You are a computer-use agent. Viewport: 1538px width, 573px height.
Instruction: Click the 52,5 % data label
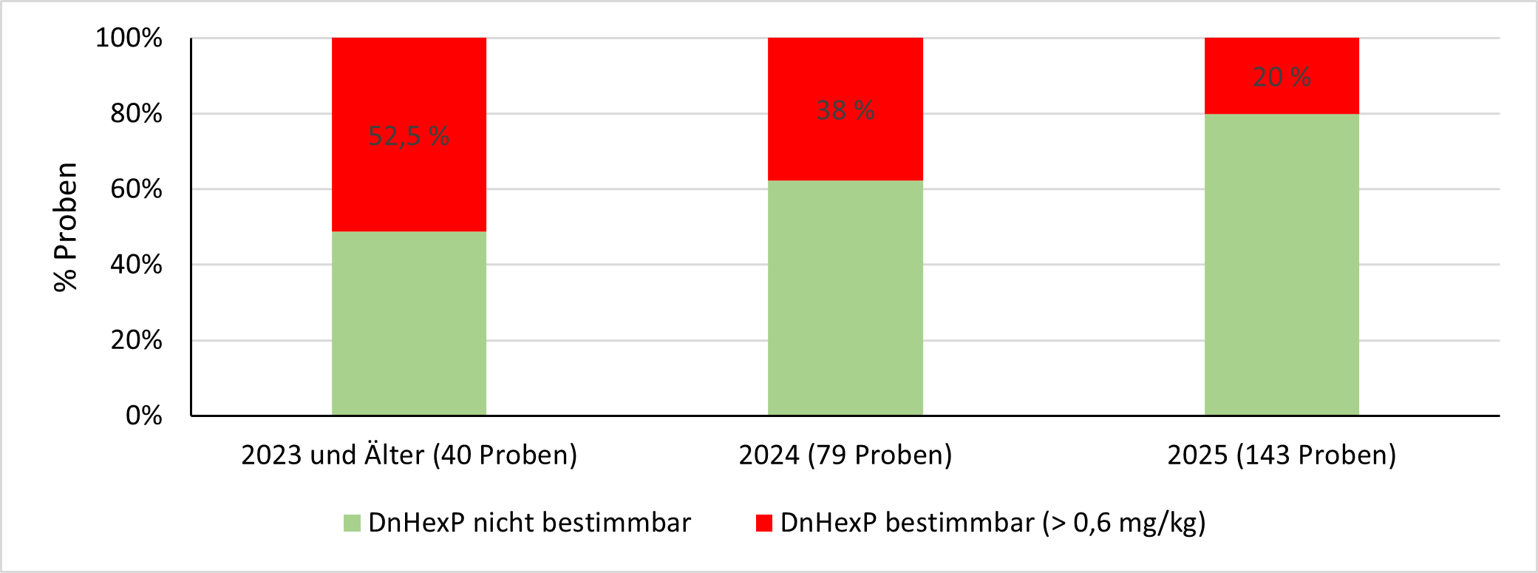click(409, 136)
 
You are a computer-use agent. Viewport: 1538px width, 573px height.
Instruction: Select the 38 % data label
click(845, 110)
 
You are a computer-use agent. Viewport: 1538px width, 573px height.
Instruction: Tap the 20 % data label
click(1282, 77)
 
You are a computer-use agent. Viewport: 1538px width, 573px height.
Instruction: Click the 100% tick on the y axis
click(129, 38)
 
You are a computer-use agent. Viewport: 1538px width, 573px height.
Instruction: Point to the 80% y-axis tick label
click(136, 113)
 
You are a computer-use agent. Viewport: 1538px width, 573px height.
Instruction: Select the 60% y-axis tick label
click(136, 189)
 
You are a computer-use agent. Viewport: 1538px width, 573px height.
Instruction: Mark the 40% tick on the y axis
click(136, 264)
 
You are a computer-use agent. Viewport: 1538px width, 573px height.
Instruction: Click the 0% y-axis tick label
click(143, 416)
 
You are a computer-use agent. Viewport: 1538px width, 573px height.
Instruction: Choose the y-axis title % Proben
click(66, 227)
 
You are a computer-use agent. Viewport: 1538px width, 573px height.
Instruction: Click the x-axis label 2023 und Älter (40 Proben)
click(409, 455)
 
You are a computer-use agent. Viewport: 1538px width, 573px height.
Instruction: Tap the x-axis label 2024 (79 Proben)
click(845, 455)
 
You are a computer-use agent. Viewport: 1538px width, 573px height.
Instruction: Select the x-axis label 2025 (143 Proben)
click(1282, 455)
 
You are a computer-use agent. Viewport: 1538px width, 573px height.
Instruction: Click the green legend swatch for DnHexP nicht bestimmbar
click(352, 523)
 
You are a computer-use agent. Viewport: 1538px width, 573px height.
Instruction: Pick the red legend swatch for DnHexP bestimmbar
click(764, 523)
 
